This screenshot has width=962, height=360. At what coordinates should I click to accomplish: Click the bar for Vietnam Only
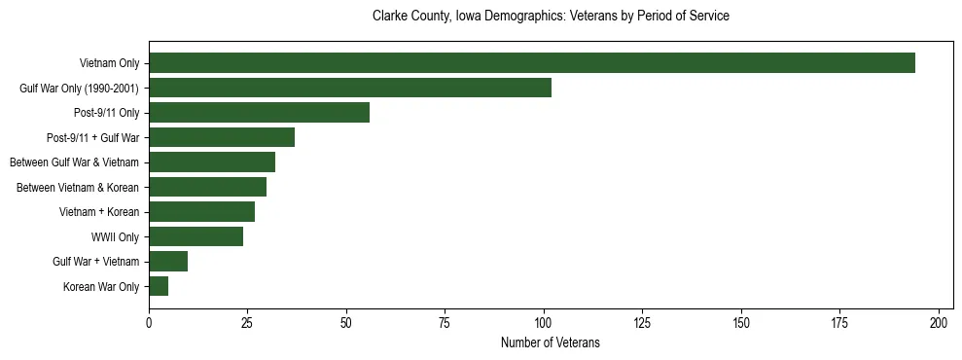531,63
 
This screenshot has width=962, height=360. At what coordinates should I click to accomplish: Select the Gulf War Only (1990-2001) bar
350,88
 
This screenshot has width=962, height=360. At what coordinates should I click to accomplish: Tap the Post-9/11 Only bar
259,113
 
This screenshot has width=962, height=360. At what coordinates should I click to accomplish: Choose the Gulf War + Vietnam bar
168,262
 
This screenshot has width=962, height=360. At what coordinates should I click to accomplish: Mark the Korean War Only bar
159,286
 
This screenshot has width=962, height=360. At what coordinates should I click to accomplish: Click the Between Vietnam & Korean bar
207,187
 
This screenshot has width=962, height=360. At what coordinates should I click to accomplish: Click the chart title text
551,17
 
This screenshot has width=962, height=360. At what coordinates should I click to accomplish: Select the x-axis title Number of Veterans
551,343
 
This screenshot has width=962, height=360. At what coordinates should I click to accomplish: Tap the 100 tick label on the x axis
544,321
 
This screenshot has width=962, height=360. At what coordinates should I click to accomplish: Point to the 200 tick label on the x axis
939,321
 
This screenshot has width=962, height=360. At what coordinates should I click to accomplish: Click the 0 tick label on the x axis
149,321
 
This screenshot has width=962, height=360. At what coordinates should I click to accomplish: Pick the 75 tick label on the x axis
445,321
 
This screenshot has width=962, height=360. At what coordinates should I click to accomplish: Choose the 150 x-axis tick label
741,321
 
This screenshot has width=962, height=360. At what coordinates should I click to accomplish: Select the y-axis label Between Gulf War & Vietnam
74,162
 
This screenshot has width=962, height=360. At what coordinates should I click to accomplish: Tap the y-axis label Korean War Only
101,287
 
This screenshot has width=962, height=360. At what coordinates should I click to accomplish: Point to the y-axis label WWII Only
115,237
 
